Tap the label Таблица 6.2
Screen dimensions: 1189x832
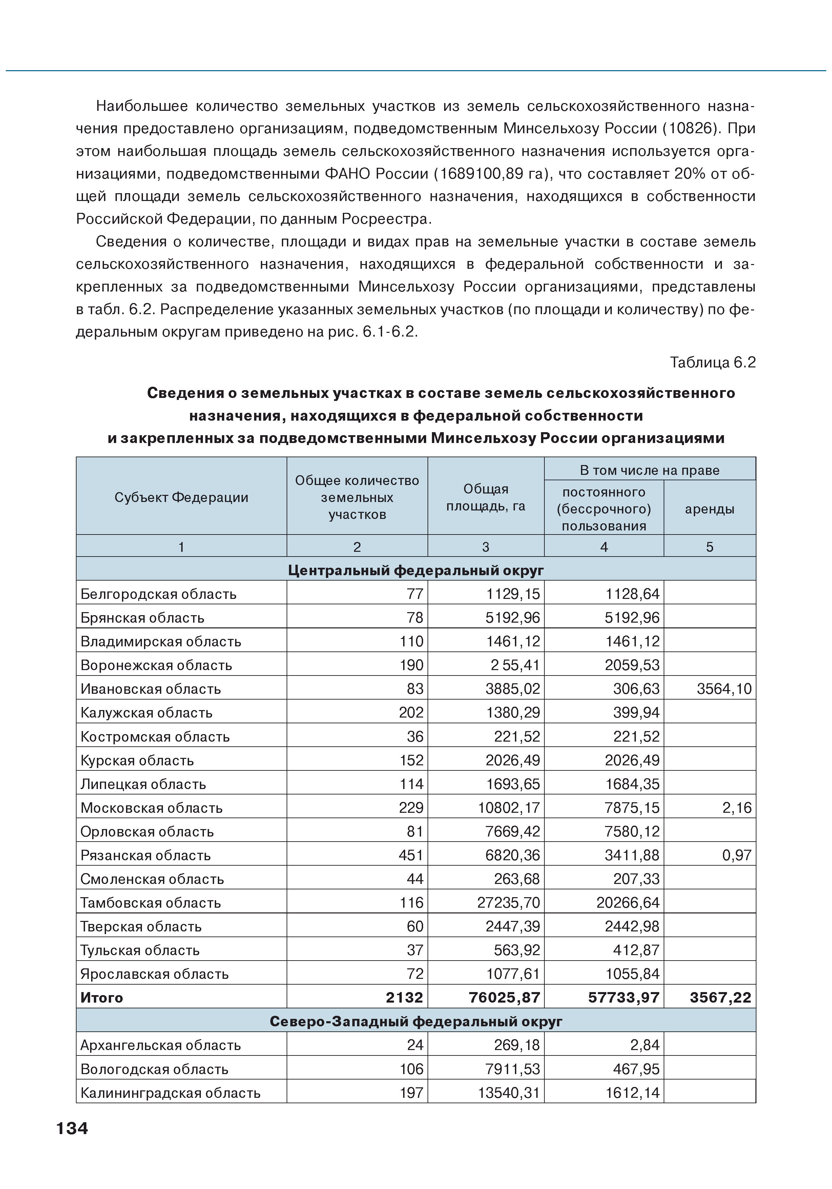click(x=712, y=362)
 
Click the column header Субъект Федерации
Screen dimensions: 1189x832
click(x=181, y=497)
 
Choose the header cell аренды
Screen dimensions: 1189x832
click(x=709, y=508)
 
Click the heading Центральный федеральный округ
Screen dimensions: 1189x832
click(x=416, y=570)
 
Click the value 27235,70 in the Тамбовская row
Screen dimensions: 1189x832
click(x=508, y=903)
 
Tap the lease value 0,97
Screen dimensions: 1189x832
click(x=737, y=855)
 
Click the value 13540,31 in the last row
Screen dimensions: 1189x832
click(x=508, y=1093)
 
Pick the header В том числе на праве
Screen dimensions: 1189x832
click(x=649, y=470)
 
